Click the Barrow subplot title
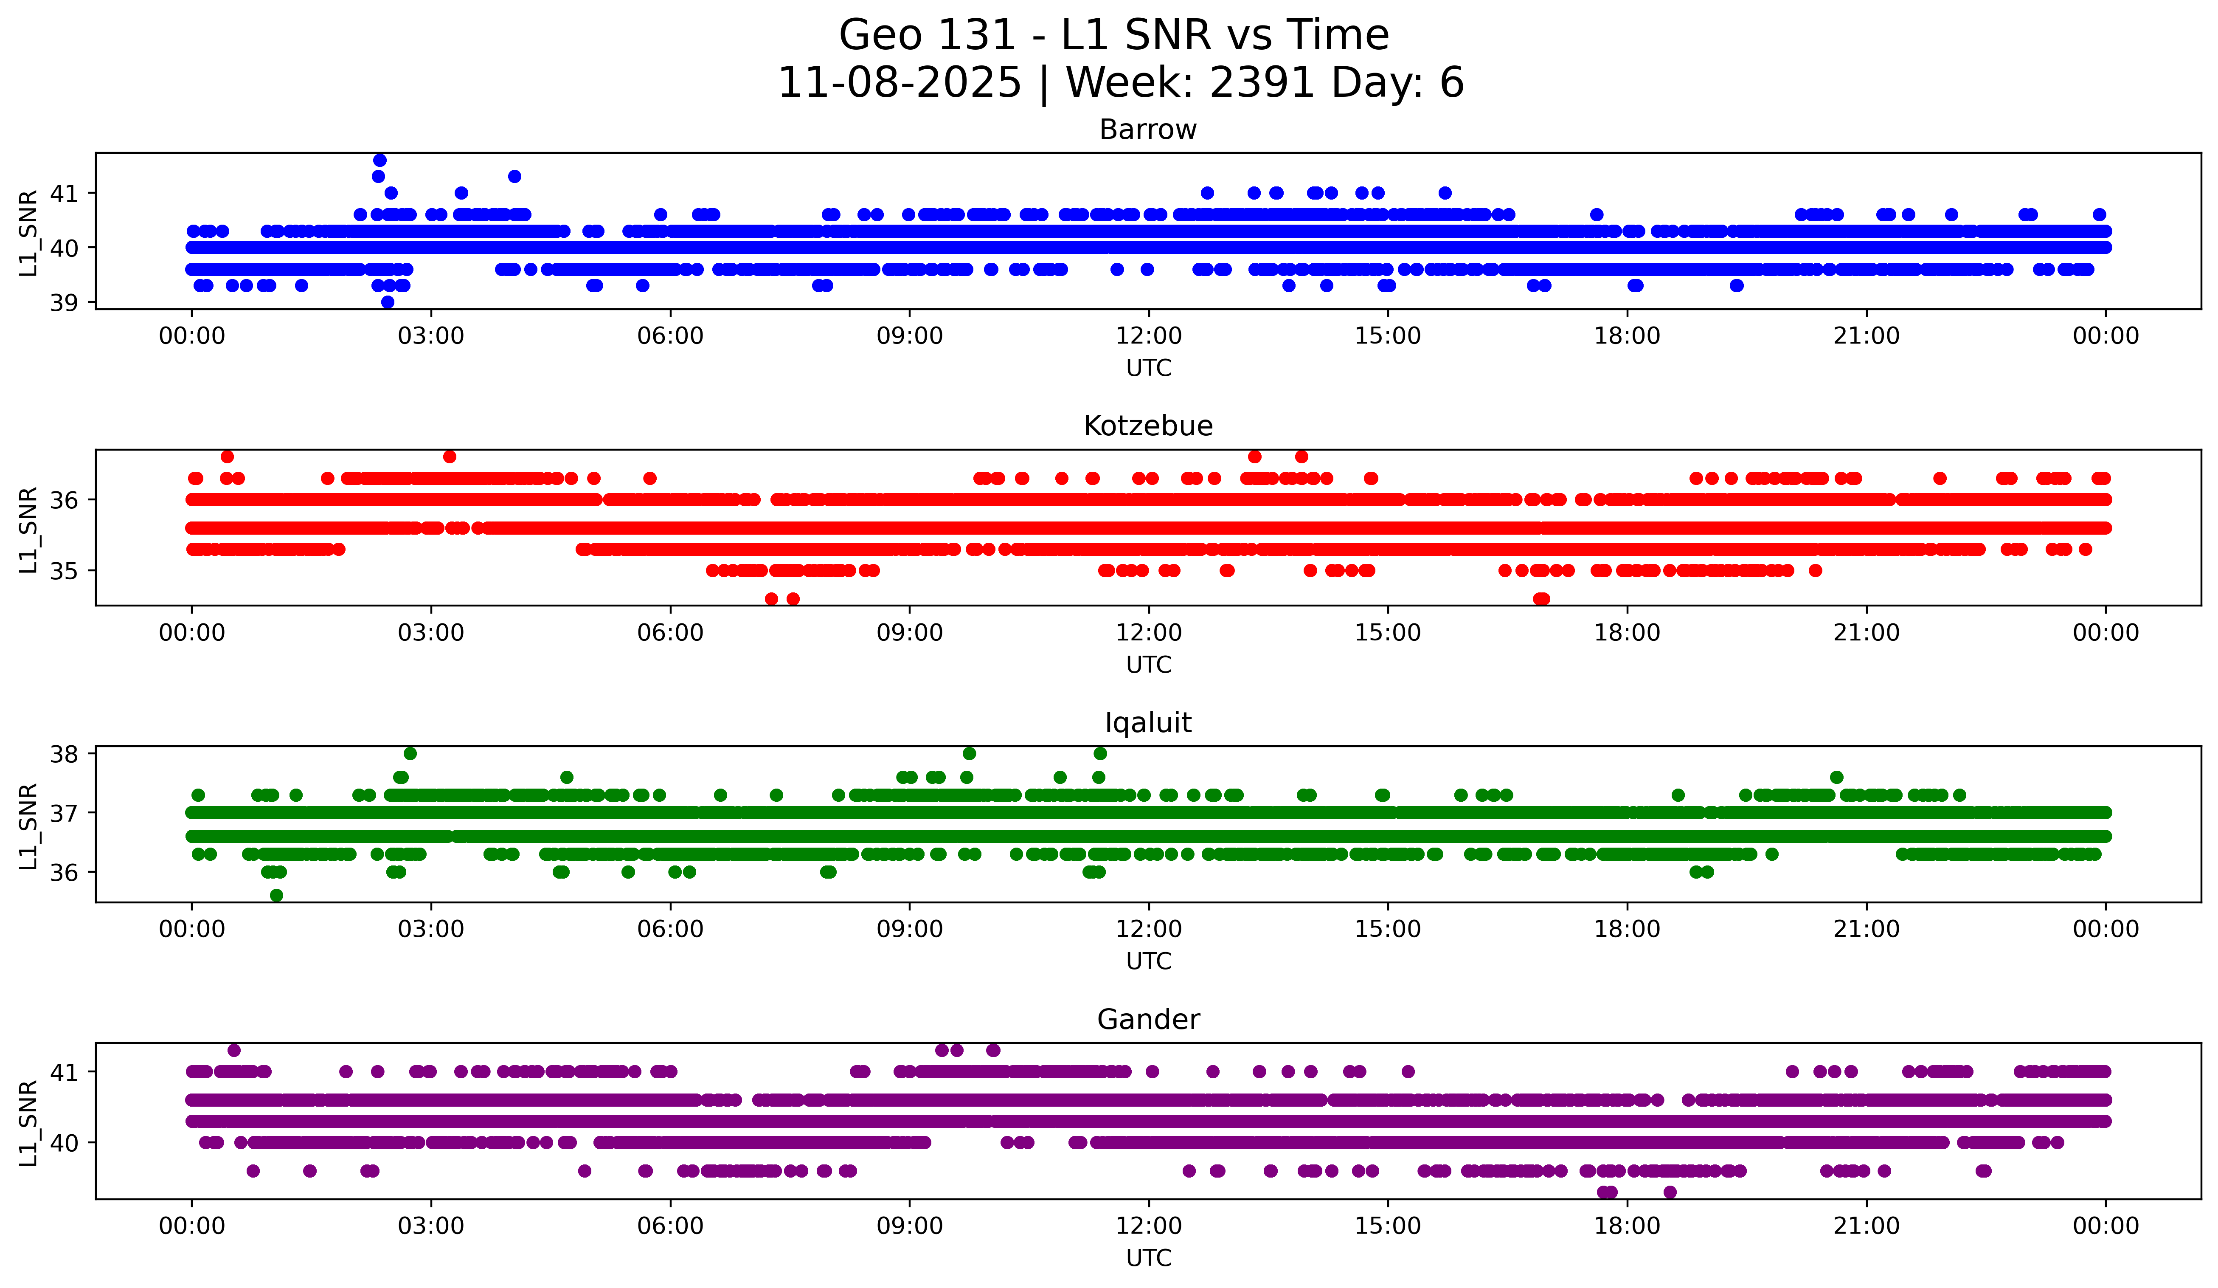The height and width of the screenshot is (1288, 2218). pyautogui.click(x=1148, y=130)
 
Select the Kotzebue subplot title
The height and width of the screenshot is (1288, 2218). pyautogui.click(x=1148, y=426)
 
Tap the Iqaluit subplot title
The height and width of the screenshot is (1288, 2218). pyautogui.click(x=1148, y=723)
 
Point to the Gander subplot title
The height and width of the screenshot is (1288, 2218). pyautogui.click(x=1148, y=1020)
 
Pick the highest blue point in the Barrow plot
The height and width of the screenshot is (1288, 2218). pyautogui.click(x=380, y=160)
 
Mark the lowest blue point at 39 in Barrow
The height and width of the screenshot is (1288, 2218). pyautogui.click(x=387, y=302)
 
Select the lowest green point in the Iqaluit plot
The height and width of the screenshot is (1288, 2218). pyautogui.click(x=276, y=895)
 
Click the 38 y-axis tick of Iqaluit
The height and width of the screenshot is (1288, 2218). pyautogui.click(x=63, y=754)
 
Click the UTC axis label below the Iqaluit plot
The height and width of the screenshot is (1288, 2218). pyautogui.click(x=1149, y=961)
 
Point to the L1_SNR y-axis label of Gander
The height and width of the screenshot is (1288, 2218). pyautogui.click(x=28, y=1122)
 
